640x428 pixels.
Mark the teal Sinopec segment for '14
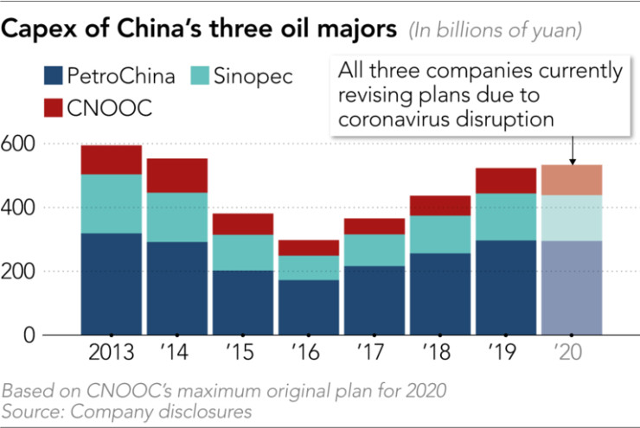coord(176,217)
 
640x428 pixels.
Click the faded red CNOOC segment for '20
coord(572,180)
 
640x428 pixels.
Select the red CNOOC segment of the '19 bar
coord(505,181)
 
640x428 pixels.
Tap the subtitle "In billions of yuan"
coord(495,30)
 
